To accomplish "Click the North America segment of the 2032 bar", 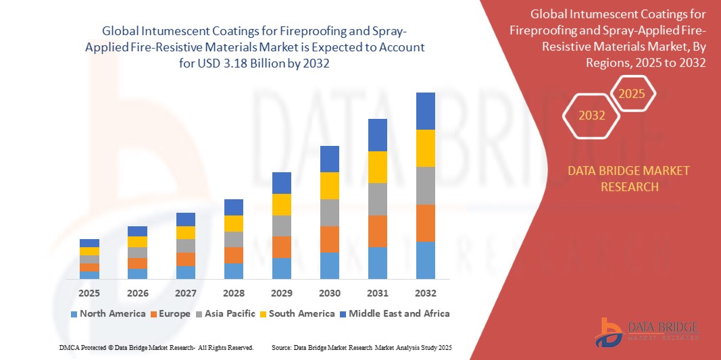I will [x=425, y=260].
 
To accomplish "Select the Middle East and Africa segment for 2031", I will [x=377, y=135].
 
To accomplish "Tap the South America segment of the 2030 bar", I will [x=329, y=186].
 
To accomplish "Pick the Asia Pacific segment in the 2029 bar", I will [x=281, y=226].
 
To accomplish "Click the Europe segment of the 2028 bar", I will [x=233, y=255].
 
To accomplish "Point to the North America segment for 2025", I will [x=89, y=275].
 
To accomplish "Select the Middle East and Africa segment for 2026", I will [x=137, y=231].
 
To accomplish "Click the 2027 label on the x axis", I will [x=185, y=293].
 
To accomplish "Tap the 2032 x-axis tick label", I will [x=425, y=293].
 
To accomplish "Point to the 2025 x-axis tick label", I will [x=89, y=293].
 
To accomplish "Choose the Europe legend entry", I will [x=170, y=313].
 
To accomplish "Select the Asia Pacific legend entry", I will [x=226, y=313].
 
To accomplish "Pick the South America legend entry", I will [x=297, y=313].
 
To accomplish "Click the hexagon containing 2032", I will [x=592, y=115].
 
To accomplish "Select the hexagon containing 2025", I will [x=632, y=94].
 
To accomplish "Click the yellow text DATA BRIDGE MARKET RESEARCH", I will [x=629, y=179].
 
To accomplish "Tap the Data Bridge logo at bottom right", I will [x=645, y=332].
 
